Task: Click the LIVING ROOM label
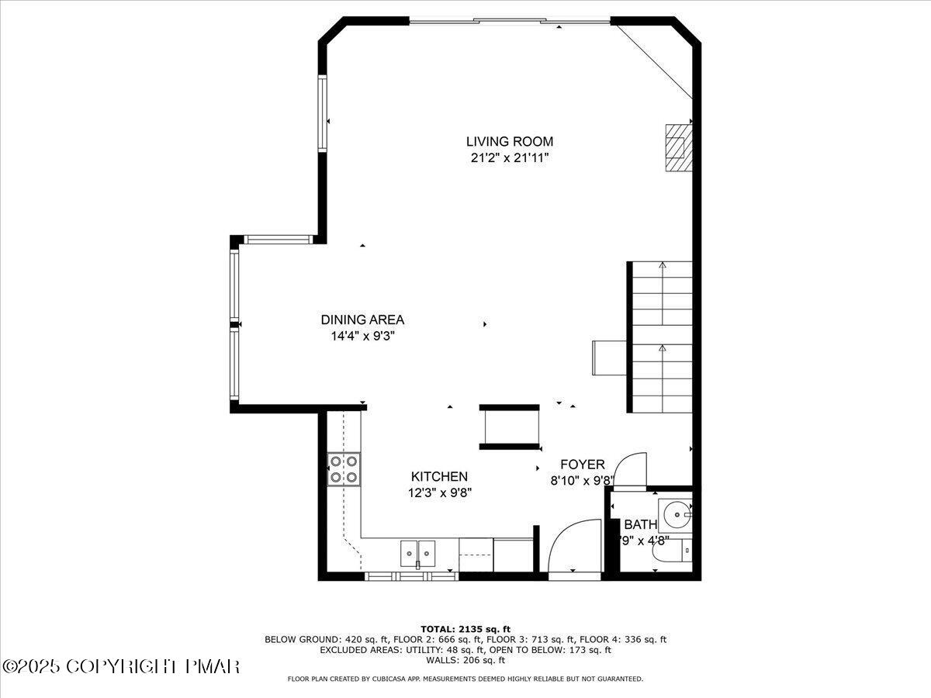coord(509,141)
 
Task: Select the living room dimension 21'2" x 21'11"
coord(509,158)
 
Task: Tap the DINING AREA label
coord(362,320)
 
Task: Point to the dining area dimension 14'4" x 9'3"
coord(362,337)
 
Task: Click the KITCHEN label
coord(439,476)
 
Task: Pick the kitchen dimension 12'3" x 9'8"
coord(439,492)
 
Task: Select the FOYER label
coord(582,465)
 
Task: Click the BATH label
coord(640,524)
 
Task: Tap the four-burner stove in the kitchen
coord(344,469)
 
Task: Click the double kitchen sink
coord(418,553)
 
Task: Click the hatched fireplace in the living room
coord(676,147)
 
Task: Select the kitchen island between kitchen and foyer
coord(509,427)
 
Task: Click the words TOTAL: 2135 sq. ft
coord(465,629)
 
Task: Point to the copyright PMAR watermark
coord(121,666)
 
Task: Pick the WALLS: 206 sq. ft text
coord(465,660)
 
